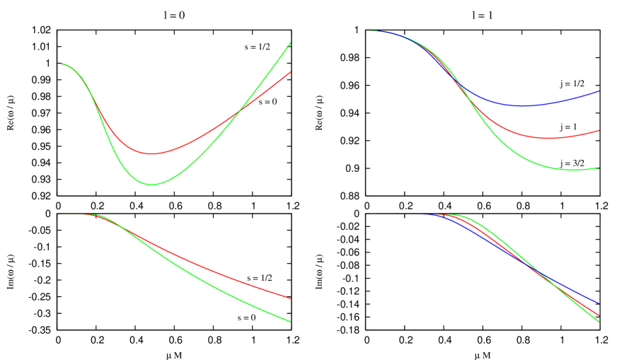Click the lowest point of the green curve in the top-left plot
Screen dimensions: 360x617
pos(153,185)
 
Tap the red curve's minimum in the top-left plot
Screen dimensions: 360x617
pos(151,153)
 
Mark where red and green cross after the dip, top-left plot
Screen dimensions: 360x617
pos(238,111)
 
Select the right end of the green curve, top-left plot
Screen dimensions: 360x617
pos(291,42)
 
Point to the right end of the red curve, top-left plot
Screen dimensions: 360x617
pos(291,71)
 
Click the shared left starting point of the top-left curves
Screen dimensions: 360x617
pos(62,64)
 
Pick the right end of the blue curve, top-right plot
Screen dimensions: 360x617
pos(599,91)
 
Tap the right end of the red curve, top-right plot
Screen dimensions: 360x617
pos(599,130)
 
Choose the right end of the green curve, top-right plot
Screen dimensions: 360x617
pos(599,168)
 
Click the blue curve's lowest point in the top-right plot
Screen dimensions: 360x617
pos(524,106)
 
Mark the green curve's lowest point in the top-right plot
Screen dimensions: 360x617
pos(573,170)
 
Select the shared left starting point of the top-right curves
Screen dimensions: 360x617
pos(370,31)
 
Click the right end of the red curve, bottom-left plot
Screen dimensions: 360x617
pos(291,298)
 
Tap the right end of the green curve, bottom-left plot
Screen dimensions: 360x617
pos(291,322)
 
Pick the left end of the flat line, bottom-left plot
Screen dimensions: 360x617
pos(62,214)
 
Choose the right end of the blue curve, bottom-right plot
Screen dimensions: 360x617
pos(599,303)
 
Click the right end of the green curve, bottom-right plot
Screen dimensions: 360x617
pos(599,323)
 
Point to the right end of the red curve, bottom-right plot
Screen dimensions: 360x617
pos(599,315)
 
